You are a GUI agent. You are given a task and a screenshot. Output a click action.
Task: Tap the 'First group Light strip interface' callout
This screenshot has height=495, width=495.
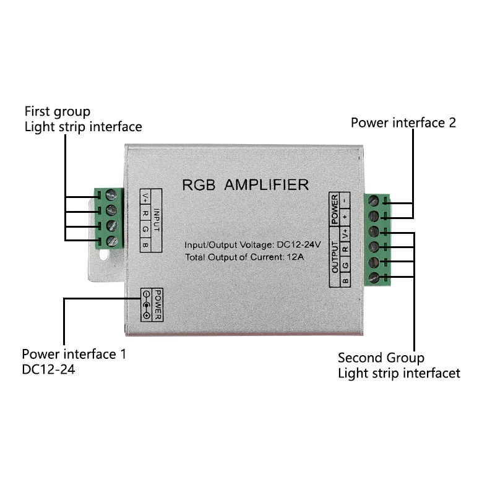click(x=83, y=119)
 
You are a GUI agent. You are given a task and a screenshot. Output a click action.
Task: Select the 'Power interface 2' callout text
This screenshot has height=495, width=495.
click(x=403, y=123)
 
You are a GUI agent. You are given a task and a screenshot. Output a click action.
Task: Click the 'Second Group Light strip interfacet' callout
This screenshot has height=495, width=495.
click(x=398, y=365)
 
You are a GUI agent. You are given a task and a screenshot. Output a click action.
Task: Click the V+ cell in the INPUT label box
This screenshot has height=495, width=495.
click(x=145, y=197)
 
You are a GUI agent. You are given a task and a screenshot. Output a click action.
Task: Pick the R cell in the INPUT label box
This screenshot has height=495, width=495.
click(x=145, y=213)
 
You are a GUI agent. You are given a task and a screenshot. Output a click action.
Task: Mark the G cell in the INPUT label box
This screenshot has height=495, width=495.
click(x=145, y=229)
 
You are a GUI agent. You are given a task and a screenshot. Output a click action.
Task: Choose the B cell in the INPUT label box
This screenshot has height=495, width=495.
click(x=145, y=245)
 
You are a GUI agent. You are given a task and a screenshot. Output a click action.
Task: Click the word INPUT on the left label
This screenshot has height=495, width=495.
click(x=157, y=220)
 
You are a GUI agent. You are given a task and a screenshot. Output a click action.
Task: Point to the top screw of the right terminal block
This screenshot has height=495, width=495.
click(x=374, y=201)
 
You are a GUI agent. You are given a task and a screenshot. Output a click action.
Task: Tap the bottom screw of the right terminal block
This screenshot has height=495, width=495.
click(x=374, y=277)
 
